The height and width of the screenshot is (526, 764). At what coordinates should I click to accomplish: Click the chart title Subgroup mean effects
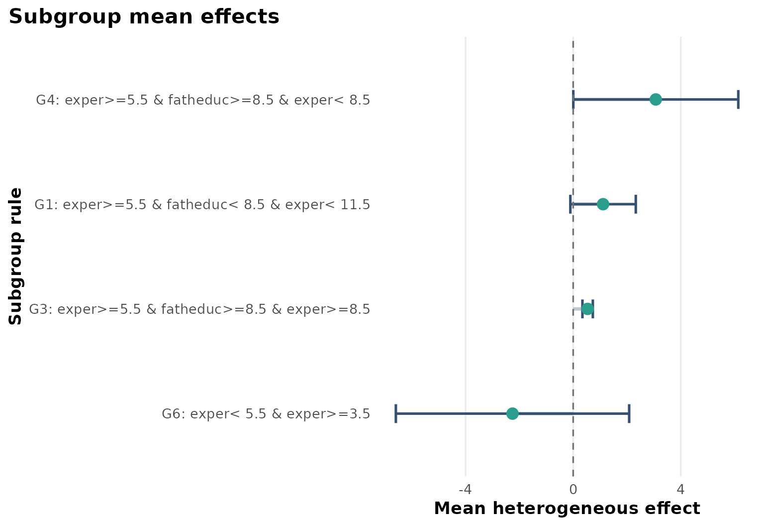144,17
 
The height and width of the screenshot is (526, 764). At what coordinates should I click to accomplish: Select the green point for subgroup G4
656,100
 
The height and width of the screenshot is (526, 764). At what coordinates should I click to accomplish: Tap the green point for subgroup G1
603,204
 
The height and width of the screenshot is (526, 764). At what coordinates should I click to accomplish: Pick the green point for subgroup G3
587,309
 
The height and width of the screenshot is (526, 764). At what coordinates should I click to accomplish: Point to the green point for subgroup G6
512,413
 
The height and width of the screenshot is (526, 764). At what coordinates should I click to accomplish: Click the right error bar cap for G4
738,100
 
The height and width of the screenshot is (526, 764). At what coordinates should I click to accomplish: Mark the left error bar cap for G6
395,413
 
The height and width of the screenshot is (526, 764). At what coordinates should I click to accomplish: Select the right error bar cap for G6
629,413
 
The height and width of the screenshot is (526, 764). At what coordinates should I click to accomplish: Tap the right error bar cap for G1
636,204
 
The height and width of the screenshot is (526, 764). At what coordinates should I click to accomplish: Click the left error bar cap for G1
570,204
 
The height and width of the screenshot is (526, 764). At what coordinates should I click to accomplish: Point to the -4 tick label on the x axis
465,490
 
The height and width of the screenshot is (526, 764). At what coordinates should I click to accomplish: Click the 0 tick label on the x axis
573,490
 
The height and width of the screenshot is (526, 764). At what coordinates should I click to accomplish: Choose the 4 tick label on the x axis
681,490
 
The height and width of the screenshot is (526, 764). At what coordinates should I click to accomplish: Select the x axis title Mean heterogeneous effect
567,509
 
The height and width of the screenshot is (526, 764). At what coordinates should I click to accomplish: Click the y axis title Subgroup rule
16,256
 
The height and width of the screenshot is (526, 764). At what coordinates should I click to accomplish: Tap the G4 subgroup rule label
203,101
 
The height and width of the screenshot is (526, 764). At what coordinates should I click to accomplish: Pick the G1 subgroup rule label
202,205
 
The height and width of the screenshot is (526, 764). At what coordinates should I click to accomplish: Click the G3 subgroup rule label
199,310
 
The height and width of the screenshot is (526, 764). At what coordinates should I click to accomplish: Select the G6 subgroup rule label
266,414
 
